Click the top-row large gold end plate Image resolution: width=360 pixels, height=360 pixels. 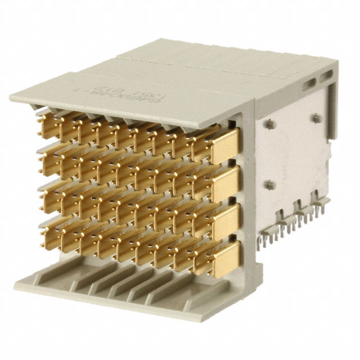(226, 142)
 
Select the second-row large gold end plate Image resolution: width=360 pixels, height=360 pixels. (226, 181)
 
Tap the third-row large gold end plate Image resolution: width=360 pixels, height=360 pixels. (226, 219)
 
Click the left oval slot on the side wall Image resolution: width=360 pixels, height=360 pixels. (309, 84)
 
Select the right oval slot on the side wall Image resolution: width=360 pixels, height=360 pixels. (327, 74)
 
